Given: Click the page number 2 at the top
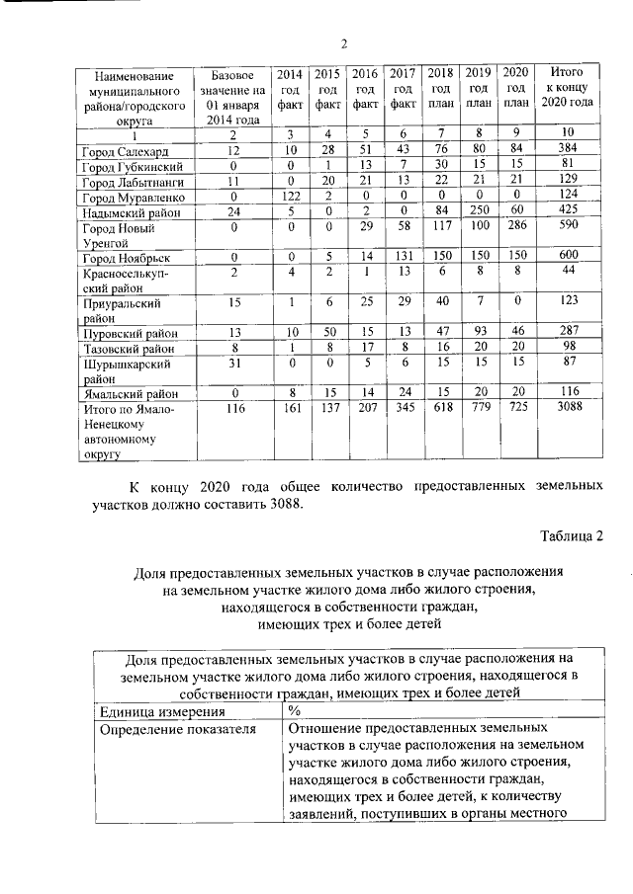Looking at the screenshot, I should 344,41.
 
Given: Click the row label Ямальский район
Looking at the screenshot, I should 123,393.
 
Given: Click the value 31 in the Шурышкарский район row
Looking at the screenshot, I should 232,362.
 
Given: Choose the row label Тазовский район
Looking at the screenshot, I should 126,348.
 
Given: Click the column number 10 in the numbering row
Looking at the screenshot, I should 570,133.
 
